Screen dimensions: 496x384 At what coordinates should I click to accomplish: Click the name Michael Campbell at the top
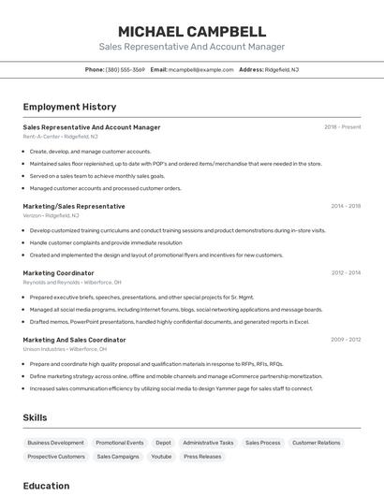click(192, 31)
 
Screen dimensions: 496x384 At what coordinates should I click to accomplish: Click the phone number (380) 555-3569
click(126, 69)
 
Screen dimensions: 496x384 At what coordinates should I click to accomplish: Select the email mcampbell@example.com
click(200, 69)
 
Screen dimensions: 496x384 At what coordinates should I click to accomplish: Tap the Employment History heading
click(69, 107)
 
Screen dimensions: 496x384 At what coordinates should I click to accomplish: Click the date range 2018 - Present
click(342, 126)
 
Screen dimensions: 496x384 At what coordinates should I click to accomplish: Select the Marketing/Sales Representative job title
click(74, 206)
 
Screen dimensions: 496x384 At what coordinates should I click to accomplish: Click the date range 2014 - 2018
click(346, 206)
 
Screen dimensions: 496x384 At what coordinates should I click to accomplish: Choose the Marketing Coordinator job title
click(58, 273)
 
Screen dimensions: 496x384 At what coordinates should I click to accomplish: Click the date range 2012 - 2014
click(346, 273)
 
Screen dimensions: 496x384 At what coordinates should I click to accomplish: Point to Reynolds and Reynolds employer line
click(72, 282)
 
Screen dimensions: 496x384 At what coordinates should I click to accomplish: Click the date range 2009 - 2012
click(346, 340)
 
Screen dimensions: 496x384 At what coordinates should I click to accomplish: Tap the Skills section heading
click(35, 417)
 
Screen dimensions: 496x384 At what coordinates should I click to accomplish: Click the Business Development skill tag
click(55, 443)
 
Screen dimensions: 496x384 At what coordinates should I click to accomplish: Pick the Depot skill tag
click(163, 443)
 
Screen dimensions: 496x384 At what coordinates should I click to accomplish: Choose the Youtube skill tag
click(161, 457)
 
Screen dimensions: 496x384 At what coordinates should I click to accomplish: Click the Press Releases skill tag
click(202, 457)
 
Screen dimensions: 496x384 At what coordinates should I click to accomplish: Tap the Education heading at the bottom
click(46, 486)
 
